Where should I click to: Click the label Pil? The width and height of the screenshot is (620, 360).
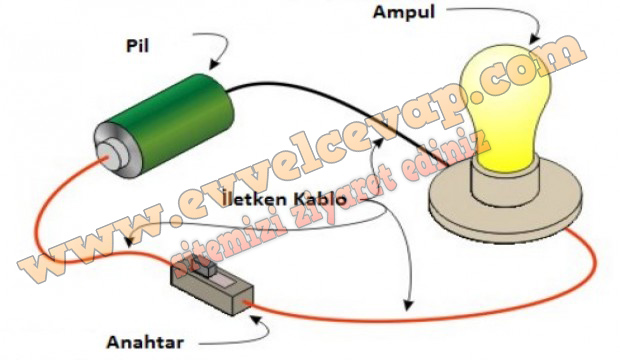(x=138, y=46)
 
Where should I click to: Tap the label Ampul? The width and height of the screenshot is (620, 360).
(x=404, y=12)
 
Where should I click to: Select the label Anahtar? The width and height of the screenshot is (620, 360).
(x=145, y=343)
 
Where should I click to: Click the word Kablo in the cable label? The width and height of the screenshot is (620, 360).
(x=320, y=199)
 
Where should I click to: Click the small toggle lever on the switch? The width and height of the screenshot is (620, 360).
(x=207, y=269)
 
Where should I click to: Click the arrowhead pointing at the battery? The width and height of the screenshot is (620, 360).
(x=215, y=64)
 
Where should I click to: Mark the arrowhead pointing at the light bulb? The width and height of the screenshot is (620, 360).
(x=534, y=38)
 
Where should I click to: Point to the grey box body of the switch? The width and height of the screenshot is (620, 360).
(x=212, y=291)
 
